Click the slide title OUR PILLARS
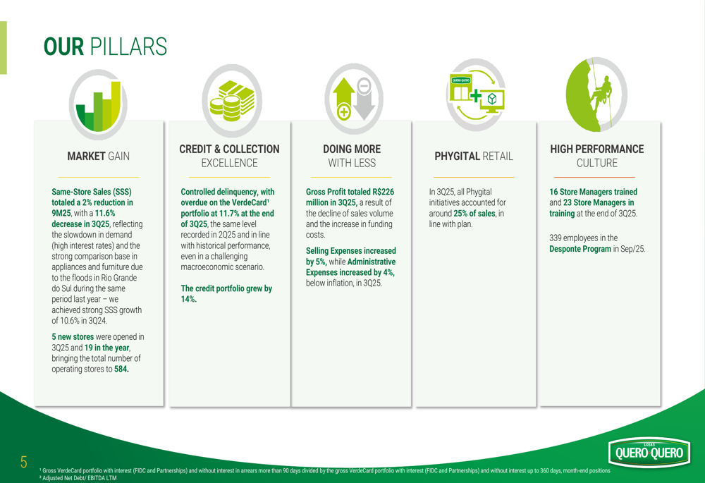point(105,47)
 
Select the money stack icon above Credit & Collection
point(231,103)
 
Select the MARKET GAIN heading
point(98,156)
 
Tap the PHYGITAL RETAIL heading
point(474,156)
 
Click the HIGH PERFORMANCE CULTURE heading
point(596,156)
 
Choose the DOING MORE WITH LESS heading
point(351,156)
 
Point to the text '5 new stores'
point(73,337)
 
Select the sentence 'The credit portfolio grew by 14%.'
point(226,293)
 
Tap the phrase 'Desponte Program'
point(580,249)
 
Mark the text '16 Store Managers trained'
point(593,192)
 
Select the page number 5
point(23,463)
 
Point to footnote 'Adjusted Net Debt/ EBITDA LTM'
point(79,477)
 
